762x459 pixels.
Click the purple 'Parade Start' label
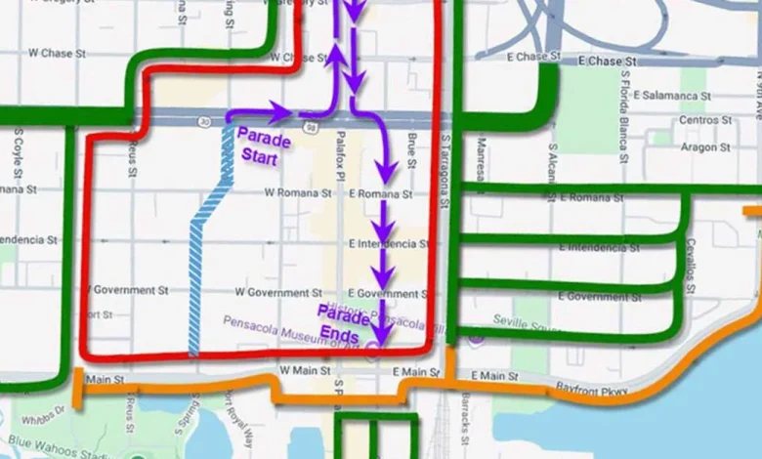tap(264, 147)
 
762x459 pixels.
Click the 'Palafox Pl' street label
tap(341, 155)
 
